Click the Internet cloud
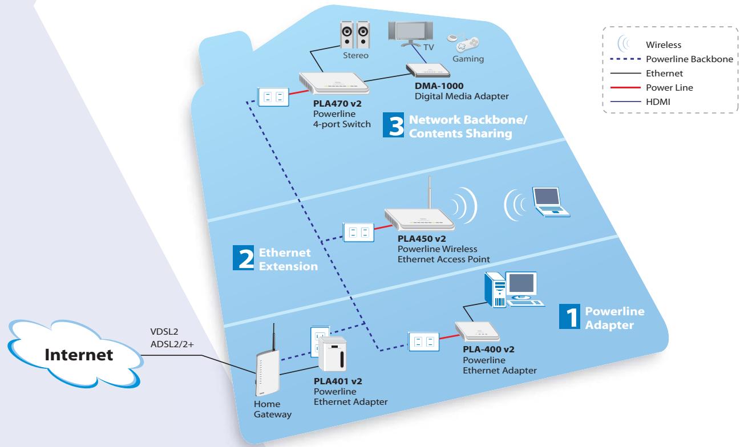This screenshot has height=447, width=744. coord(80,354)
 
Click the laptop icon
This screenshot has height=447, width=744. coord(549,202)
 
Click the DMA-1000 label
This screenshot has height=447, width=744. coord(439,86)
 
